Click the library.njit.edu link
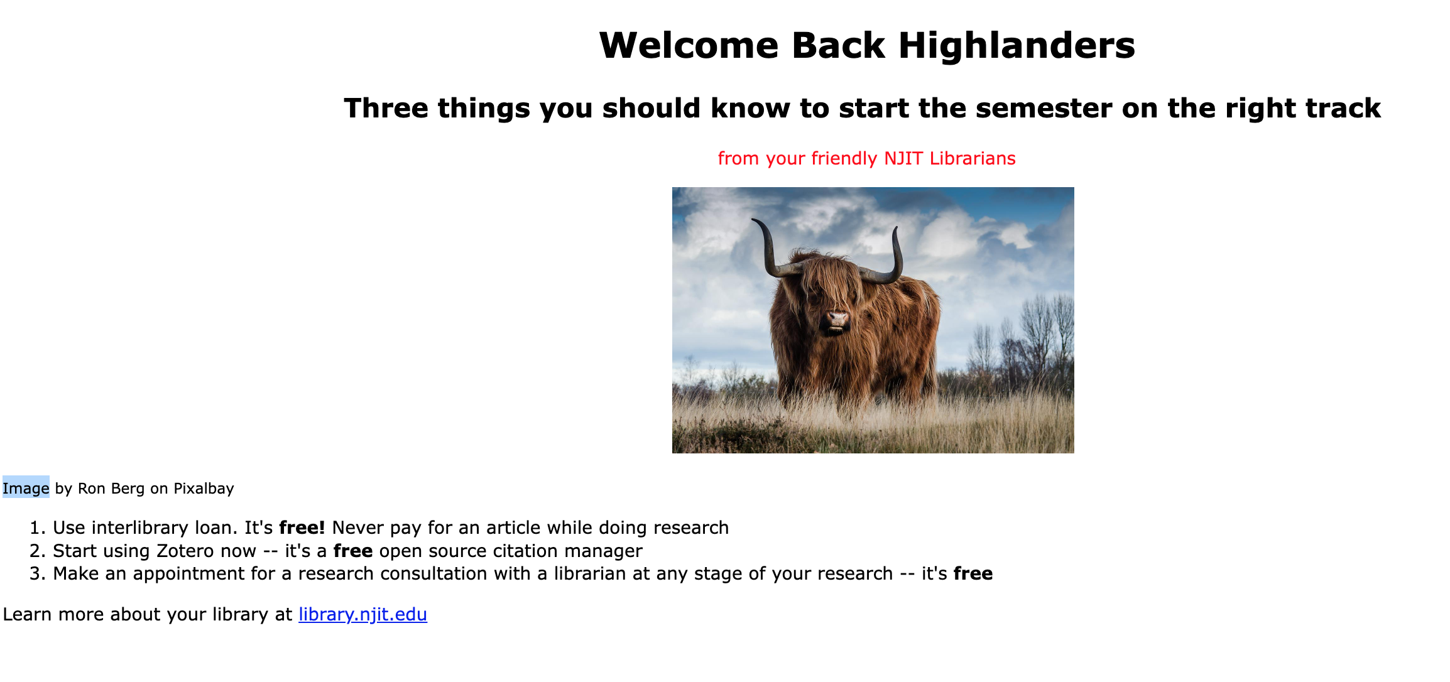[x=362, y=614]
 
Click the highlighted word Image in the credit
[x=26, y=488]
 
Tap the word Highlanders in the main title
[x=1017, y=45]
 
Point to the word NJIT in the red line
[x=903, y=158]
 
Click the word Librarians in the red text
[x=973, y=158]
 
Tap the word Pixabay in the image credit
[x=204, y=489]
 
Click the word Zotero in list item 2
[x=185, y=551]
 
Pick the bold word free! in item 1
[x=302, y=528]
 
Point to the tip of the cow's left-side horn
[x=753, y=220]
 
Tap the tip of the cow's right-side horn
[x=897, y=228]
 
